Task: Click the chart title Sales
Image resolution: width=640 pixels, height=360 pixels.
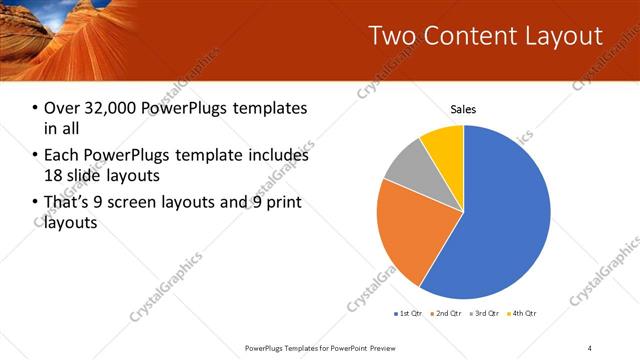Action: [x=463, y=109]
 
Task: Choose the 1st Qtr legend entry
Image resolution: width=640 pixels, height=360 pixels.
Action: [x=410, y=314]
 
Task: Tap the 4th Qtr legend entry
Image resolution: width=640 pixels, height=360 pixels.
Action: [x=524, y=314]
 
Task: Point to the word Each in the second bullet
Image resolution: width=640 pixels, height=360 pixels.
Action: [x=63, y=156]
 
